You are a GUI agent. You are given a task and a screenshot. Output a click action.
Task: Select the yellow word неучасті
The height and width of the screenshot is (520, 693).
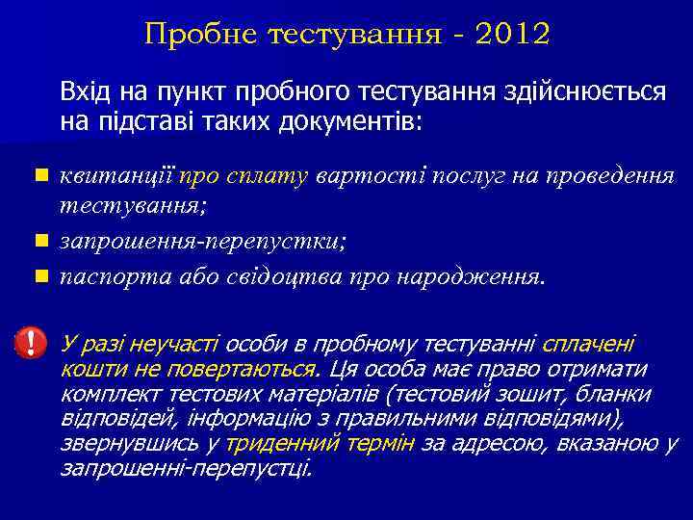click(167, 345)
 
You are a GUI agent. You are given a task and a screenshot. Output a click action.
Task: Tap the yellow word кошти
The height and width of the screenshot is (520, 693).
click(89, 369)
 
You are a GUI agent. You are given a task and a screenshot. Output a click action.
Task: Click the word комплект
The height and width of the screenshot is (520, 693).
click(104, 394)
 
